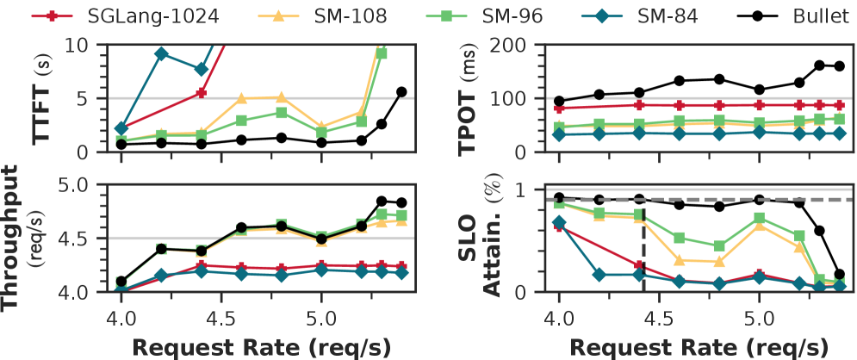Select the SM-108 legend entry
click(x=266, y=16)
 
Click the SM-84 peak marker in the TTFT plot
click(x=161, y=53)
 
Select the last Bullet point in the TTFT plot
click(x=401, y=91)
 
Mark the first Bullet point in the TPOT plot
click(x=559, y=101)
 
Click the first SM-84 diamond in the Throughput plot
click(x=121, y=289)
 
